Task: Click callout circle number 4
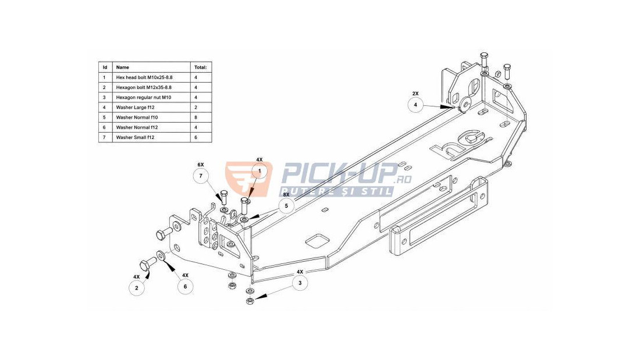pos(415,105)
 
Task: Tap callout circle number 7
pos(200,176)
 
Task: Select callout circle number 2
pos(136,288)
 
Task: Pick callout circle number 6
pos(185,287)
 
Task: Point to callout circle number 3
pos(300,283)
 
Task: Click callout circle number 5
pos(286,206)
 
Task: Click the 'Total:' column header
pos(201,67)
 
